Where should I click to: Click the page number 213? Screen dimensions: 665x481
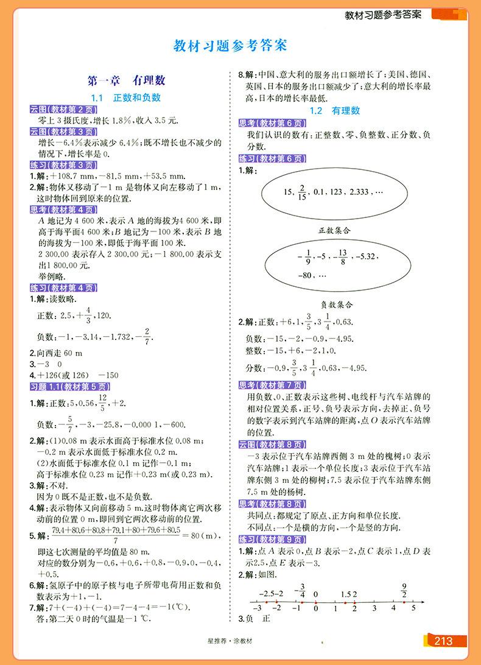pyautogui.click(x=443, y=640)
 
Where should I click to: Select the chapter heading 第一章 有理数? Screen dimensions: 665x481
pyautogui.click(x=127, y=80)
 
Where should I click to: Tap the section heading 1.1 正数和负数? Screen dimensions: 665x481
pyautogui.click(x=126, y=97)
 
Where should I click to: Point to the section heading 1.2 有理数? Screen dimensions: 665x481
pyautogui.click(x=335, y=111)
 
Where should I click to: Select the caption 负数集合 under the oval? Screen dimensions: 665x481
pyautogui.click(x=337, y=303)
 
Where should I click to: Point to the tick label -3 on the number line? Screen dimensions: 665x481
pyautogui.click(x=258, y=607)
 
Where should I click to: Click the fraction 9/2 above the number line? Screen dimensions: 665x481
pyautogui.click(x=403, y=589)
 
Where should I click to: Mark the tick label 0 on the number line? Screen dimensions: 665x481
pyautogui.click(x=315, y=607)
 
